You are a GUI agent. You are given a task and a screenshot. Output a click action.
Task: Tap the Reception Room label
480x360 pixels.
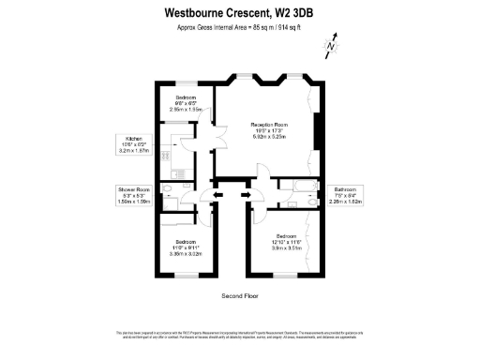click(268, 124)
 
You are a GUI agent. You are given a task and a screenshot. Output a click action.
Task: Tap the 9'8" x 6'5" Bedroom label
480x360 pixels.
click(186, 103)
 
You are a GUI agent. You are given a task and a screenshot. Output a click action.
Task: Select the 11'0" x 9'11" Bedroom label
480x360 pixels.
click(184, 247)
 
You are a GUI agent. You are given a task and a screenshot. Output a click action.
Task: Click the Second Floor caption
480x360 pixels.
click(239, 295)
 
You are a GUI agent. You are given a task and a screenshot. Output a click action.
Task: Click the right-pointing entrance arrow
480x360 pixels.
click(247, 195)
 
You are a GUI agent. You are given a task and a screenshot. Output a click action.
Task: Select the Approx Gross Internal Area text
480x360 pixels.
click(238, 27)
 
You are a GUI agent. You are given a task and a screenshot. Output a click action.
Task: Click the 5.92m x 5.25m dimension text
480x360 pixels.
click(268, 136)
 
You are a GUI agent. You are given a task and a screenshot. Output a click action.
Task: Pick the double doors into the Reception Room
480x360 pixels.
click(220, 141)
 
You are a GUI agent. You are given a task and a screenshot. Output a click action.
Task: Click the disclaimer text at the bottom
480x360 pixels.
click(240, 335)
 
